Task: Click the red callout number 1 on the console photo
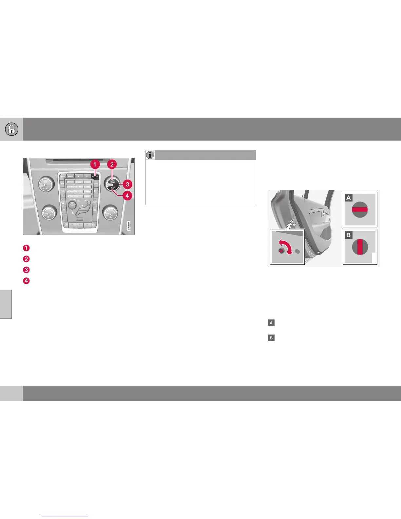[95, 164]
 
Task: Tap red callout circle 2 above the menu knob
[112, 164]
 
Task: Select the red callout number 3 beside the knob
[127, 184]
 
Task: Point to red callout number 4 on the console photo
[127, 196]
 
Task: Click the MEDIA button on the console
[70, 176]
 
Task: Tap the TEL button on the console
[87, 176]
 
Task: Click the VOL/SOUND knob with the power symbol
[46, 184]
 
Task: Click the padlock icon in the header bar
[11, 129]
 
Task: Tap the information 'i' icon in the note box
[150, 155]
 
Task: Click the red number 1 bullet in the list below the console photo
[26, 248]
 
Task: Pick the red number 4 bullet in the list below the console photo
[26, 281]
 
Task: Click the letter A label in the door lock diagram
[349, 198]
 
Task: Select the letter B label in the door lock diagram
[349, 235]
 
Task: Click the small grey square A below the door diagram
[271, 323]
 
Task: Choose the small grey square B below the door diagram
[271, 338]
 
